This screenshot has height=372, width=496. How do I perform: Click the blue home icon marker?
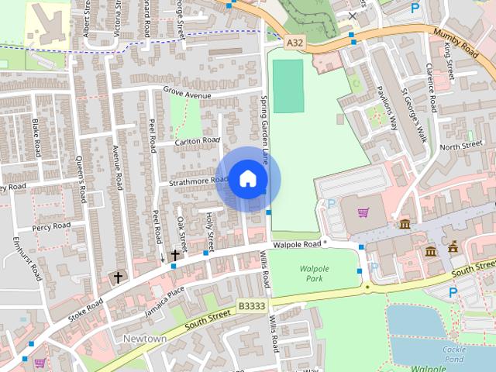[247, 178]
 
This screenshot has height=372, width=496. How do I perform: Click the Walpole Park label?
[314, 273]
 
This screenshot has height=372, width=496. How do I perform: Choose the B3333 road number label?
[251, 306]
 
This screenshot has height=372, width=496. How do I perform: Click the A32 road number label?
[294, 44]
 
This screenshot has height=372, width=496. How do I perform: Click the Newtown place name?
[144, 339]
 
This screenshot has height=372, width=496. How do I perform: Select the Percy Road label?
[51, 226]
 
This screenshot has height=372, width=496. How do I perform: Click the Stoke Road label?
[85, 305]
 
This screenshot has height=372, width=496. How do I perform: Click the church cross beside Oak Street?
[175, 254]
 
